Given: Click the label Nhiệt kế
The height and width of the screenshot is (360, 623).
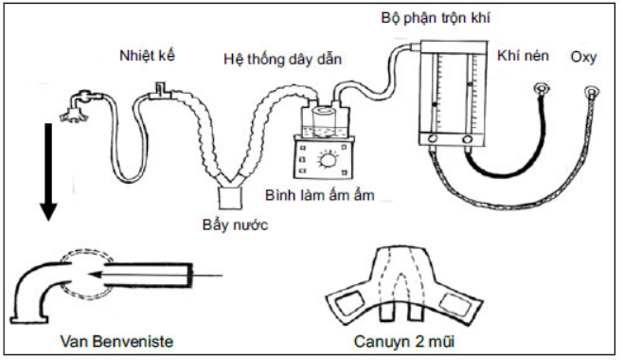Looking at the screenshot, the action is point(147,56).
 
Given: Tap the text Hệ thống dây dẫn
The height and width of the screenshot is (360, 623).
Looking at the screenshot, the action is point(282,59).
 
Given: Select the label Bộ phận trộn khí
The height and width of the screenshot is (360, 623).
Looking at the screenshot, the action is point(436,18).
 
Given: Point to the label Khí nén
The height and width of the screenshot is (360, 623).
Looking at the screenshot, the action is point(523,56).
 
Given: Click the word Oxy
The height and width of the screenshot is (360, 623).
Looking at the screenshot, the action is point(583,58).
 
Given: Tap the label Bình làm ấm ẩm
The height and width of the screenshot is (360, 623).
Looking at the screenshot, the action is point(319,195).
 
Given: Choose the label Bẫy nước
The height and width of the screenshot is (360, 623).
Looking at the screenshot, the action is point(235,225).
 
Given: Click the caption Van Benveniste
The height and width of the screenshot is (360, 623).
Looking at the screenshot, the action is point(116,341).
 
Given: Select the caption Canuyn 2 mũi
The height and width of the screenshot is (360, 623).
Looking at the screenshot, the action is point(404,341).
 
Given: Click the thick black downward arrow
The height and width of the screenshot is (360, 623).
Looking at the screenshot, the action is point(48,171).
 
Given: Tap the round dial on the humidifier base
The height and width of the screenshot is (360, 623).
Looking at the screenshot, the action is point(328,161).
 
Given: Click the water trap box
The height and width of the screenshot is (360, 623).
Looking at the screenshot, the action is point(230,197).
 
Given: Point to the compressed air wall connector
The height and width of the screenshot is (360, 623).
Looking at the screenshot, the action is point(542,89).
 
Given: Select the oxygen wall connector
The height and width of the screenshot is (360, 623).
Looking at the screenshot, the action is point(592,93).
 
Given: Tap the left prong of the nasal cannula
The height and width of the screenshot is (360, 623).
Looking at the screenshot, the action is point(385,313).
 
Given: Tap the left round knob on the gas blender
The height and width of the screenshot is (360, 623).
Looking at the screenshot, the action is point(433,139).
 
